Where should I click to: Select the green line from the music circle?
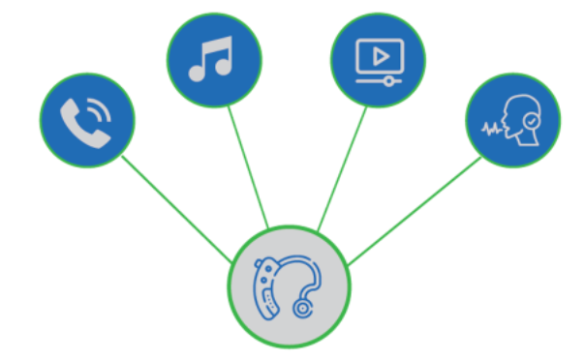pos(248,165)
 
